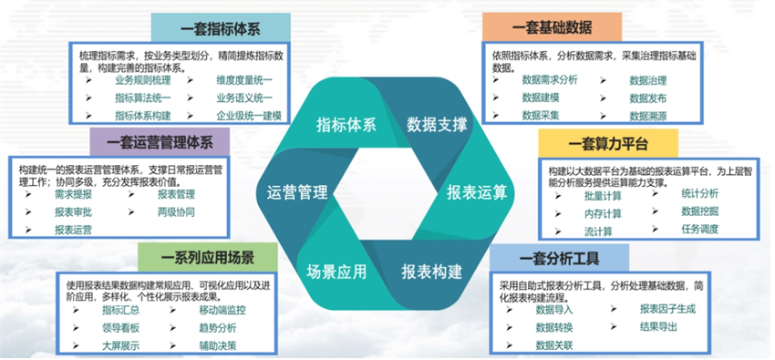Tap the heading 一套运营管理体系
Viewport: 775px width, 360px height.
click(x=160, y=143)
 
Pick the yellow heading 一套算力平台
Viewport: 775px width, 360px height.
click(x=608, y=143)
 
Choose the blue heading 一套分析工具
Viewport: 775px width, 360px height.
click(x=558, y=256)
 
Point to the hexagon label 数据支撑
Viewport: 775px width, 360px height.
click(x=437, y=124)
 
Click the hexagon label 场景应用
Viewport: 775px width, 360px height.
click(x=336, y=271)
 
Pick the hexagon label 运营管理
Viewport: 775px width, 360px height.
click(x=297, y=192)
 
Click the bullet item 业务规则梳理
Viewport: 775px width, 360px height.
click(x=143, y=80)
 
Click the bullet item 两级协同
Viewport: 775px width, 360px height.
click(x=176, y=211)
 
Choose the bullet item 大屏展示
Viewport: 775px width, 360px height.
click(x=120, y=345)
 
